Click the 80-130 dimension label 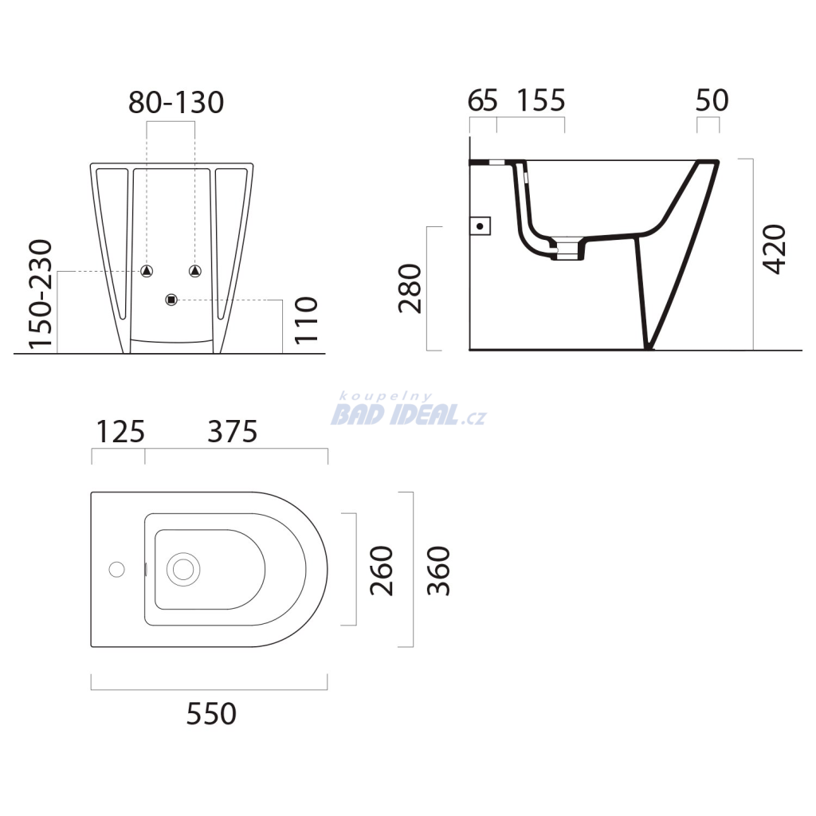click(x=176, y=103)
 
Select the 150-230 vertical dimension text click(x=41, y=294)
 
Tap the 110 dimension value click(x=306, y=320)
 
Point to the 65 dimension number click(x=482, y=100)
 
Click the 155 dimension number click(x=541, y=100)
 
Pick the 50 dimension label click(x=712, y=100)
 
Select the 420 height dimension click(x=774, y=249)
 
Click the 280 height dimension click(x=410, y=288)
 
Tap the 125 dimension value click(x=120, y=432)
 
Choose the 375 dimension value click(x=233, y=432)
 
